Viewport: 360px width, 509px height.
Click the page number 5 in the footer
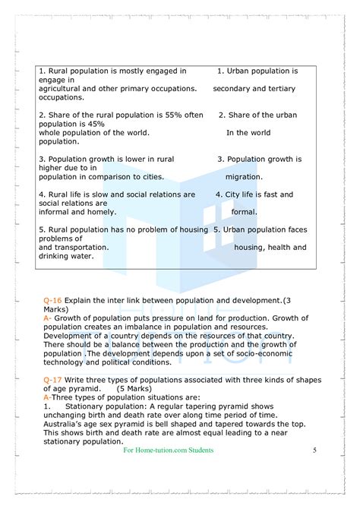tap(314, 451)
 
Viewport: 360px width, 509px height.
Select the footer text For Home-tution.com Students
tap(168, 451)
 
